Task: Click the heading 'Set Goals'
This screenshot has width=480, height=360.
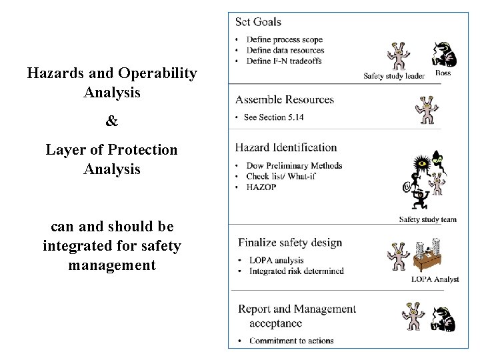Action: coord(258,22)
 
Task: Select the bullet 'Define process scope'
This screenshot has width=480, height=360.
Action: coord(284,40)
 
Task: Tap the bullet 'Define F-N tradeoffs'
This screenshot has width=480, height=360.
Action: coord(284,61)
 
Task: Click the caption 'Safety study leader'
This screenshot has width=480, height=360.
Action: coord(393,76)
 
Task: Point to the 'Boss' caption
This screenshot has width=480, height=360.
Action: coord(443,73)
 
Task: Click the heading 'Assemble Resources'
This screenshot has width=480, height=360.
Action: coord(284,100)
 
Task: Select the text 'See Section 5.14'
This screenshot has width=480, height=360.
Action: coord(275,117)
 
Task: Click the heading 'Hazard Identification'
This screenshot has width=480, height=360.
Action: coord(286,147)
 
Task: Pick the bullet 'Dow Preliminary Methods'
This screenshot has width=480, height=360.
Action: coord(294,165)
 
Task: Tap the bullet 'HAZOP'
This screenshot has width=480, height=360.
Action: coord(261,187)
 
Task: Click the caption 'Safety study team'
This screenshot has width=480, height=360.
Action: coord(427,219)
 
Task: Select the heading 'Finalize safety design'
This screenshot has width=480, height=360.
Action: coord(290,243)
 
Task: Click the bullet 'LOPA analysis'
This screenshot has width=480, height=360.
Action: coord(276,261)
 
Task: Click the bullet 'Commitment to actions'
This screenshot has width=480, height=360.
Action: coord(291,341)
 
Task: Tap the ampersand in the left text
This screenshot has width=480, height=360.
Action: coord(112,121)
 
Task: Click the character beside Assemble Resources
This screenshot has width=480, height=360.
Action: coord(426,110)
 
